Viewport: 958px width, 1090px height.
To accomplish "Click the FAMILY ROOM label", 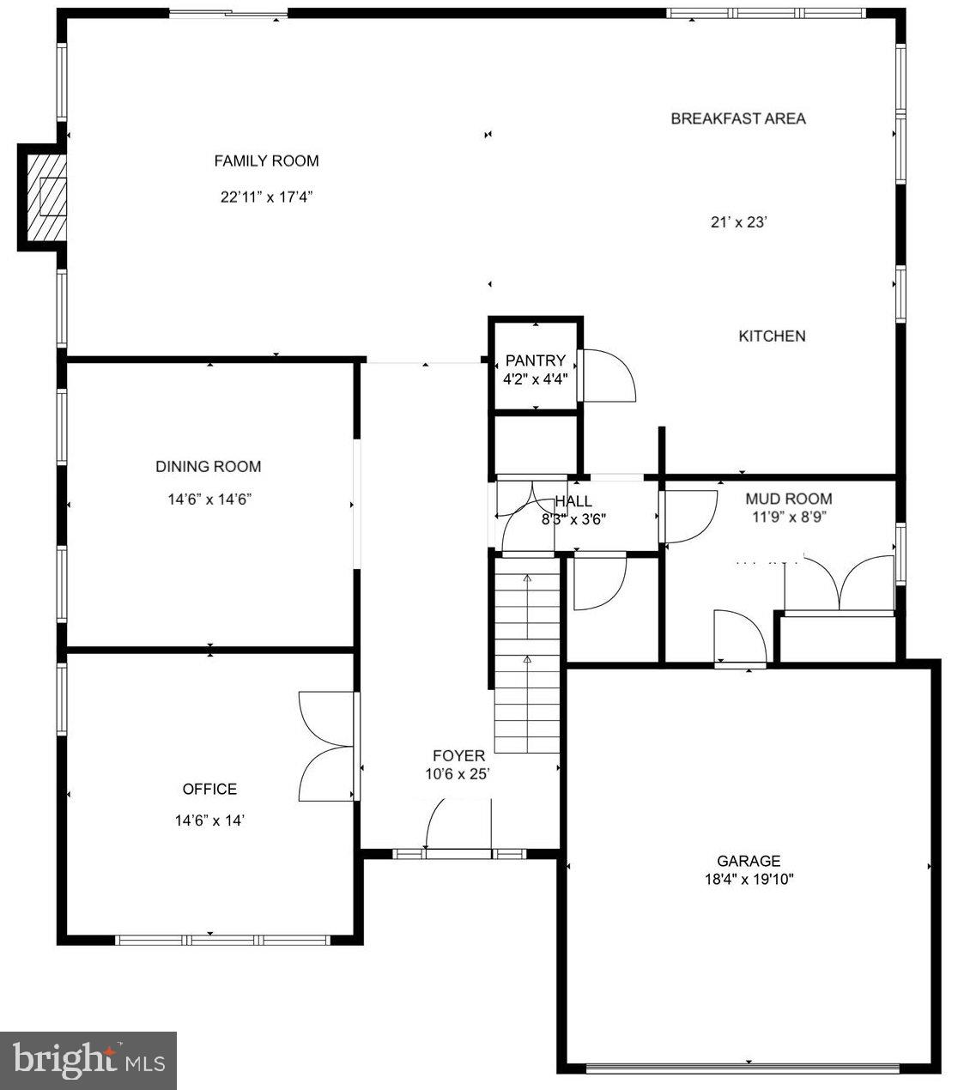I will (x=266, y=161).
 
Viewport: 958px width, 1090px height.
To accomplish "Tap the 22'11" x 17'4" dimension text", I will (x=266, y=197).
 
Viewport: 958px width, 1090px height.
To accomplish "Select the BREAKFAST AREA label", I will (x=737, y=118).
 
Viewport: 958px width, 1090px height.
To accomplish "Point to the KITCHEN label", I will (x=772, y=336).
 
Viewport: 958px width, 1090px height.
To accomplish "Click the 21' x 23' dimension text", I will (x=737, y=222).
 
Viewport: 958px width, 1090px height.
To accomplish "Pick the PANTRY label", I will (x=535, y=361).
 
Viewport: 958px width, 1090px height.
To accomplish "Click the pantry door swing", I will (x=607, y=376).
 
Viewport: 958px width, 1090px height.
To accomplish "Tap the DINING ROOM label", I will (x=208, y=467).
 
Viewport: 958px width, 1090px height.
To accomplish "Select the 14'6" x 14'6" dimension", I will (x=209, y=500).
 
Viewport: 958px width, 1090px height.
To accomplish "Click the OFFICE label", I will (x=209, y=790).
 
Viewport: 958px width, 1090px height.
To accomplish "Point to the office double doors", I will (x=326, y=746).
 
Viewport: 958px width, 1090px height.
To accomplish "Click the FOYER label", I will (x=458, y=756).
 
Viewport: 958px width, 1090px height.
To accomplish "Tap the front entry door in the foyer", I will (x=457, y=826).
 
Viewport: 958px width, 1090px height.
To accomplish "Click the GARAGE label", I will (x=749, y=861).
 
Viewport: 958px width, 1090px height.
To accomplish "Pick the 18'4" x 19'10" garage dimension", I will (x=749, y=880).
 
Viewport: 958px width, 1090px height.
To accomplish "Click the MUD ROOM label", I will (x=788, y=499).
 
